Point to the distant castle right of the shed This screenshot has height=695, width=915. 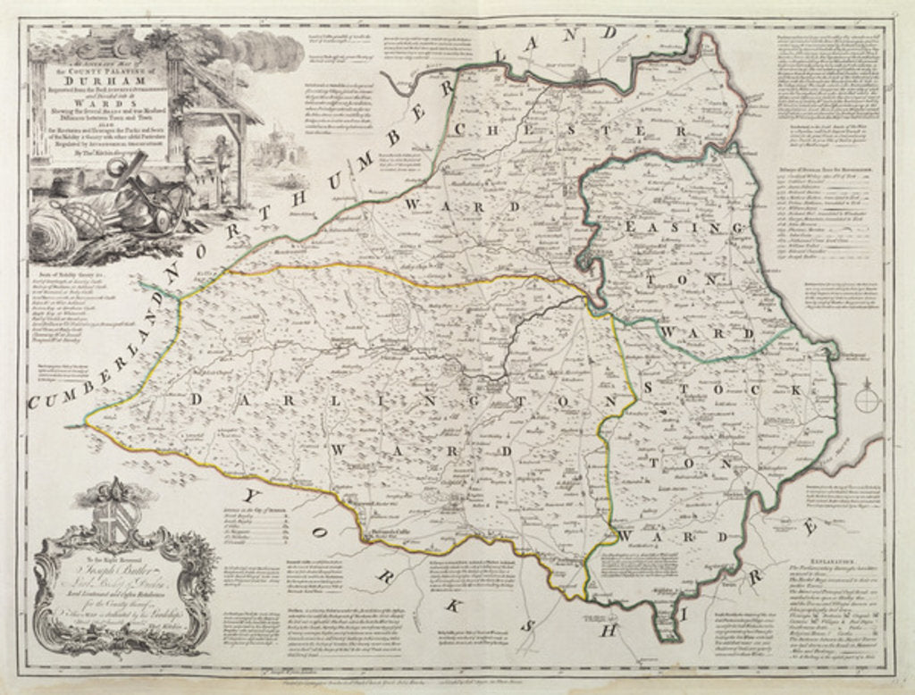coord(282,146)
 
